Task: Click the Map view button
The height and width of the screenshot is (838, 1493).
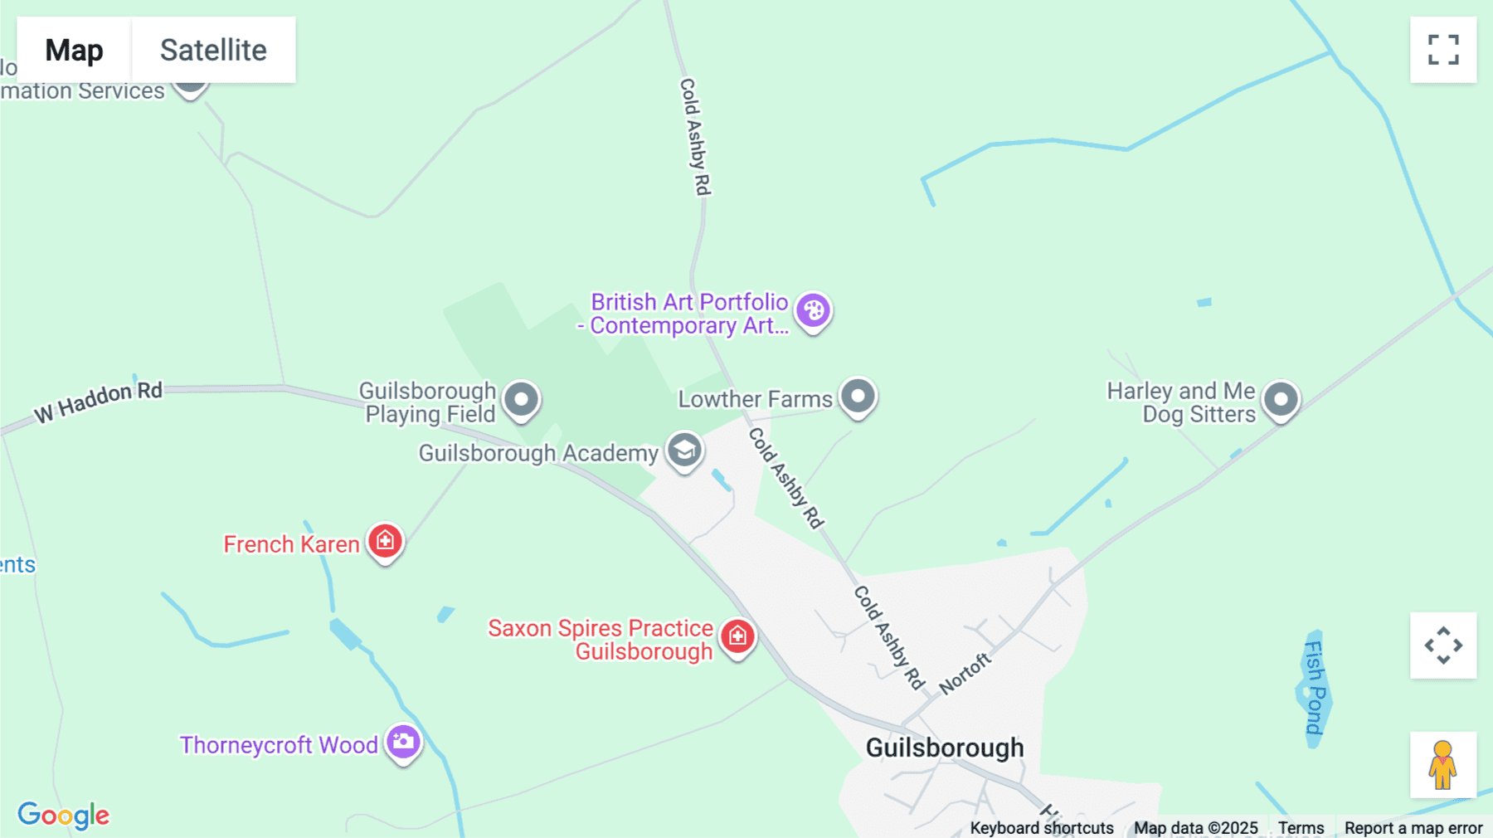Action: pos(74,50)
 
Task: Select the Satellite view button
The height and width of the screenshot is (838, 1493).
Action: pos(213,50)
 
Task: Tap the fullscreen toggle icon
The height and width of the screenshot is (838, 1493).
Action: pos(1443,50)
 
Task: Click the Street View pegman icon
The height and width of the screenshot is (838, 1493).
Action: pos(1443,765)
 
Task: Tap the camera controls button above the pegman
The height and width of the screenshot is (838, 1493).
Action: pos(1443,646)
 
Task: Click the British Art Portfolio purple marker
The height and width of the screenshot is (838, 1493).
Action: pos(814,311)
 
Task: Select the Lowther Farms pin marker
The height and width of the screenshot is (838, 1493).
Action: pos(858,397)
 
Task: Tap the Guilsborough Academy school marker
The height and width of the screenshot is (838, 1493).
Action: pos(684,451)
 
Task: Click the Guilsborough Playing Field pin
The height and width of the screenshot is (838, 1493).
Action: pos(522,400)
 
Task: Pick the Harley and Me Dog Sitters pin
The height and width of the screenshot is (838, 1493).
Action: pos(1281,400)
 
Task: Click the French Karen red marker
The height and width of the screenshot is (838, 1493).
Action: pos(385,542)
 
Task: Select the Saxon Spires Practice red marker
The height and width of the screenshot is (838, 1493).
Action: pos(737,637)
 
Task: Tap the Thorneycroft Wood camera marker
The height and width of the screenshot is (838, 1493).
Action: pos(404,742)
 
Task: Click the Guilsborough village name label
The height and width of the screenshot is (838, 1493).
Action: pos(945,748)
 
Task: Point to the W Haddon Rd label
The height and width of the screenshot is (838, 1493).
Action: pos(98,402)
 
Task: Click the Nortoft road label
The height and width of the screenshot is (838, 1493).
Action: pos(965,673)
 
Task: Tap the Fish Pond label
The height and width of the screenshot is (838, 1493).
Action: pos(1315,688)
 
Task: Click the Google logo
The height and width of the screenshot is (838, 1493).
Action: pos(64,815)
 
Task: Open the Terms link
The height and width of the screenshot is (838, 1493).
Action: pos(1301,828)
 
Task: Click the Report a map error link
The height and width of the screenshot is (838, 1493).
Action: pos(1413,828)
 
